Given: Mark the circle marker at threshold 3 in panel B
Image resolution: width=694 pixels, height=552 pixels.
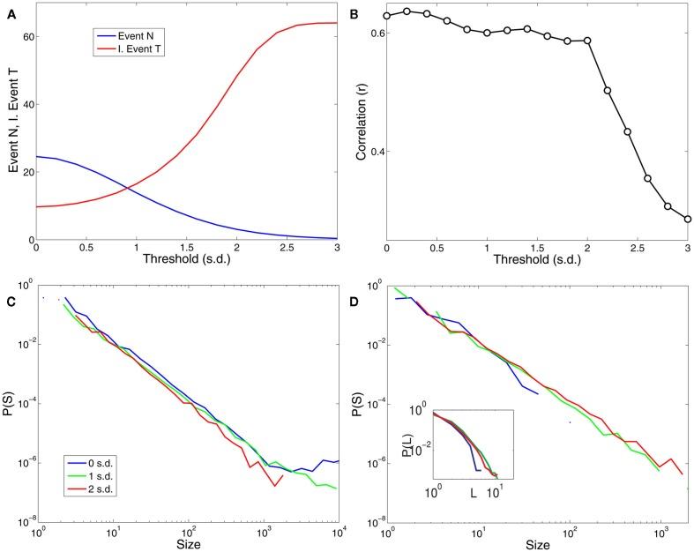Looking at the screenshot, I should pyautogui.click(x=686, y=219).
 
